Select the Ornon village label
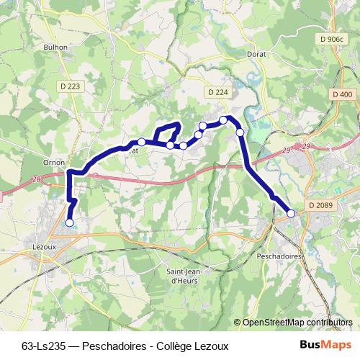click(x=54, y=162)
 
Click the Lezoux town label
click(x=45, y=246)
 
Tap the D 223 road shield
click(x=70, y=86)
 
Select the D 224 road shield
click(x=217, y=92)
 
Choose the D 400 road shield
click(x=343, y=94)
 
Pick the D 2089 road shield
click(x=321, y=205)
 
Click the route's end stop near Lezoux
click(x=70, y=222)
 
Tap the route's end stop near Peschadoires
click(x=291, y=213)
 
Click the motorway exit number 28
click(x=37, y=181)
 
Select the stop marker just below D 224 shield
click(x=224, y=120)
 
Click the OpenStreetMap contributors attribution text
click(x=297, y=322)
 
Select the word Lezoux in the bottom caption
click(x=211, y=346)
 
